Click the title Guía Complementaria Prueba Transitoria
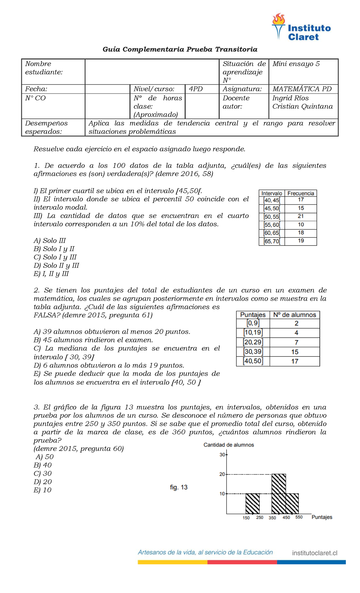(x=180, y=49)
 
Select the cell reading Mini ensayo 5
(x=296, y=64)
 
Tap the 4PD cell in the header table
(x=196, y=89)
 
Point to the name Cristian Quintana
(x=302, y=107)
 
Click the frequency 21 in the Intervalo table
(x=301, y=216)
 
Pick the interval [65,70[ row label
(x=272, y=241)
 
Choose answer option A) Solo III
(x=50, y=241)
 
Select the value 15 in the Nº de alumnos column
(x=295, y=352)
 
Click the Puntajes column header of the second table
(x=253, y=315)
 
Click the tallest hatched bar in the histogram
(x=278, y=494)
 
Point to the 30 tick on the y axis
(x=222, y=455)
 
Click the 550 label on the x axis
(x=299, y=517)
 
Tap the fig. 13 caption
(x=179, y=487)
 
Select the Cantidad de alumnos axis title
(x=229, y=445)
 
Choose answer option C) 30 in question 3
(x=43, y=474)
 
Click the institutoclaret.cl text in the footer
(x=315, y=553)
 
